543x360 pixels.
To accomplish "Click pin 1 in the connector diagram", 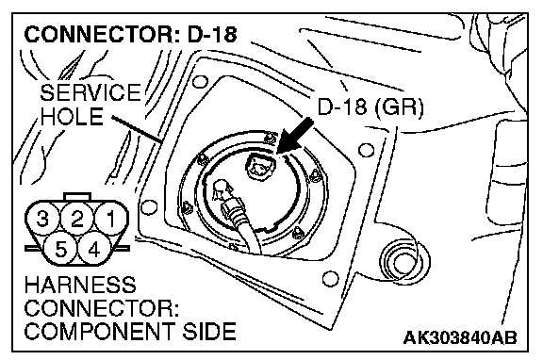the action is point(111,219).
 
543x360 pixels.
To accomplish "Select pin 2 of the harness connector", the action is point(77,219).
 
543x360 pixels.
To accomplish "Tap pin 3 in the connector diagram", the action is point(42,219).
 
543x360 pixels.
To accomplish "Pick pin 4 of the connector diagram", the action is point(93,249).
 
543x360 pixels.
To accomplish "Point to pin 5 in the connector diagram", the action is point(60,249).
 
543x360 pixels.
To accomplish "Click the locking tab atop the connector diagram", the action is point(77,197).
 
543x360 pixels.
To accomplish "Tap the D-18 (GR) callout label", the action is point(370,107).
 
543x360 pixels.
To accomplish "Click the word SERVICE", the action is point(90,92).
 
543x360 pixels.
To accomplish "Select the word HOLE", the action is point(72,116).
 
